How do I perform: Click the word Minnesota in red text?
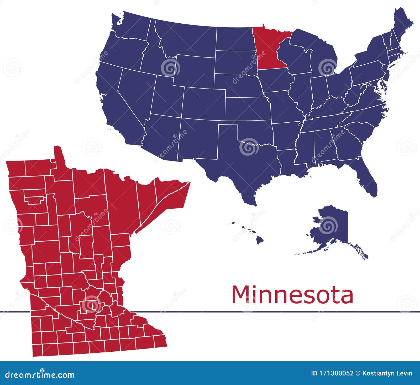[x=292, y=295]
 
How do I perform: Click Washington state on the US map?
[x=129, y=29]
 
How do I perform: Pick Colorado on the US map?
[x=203, y=102]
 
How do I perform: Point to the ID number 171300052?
[x=332, y=373]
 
